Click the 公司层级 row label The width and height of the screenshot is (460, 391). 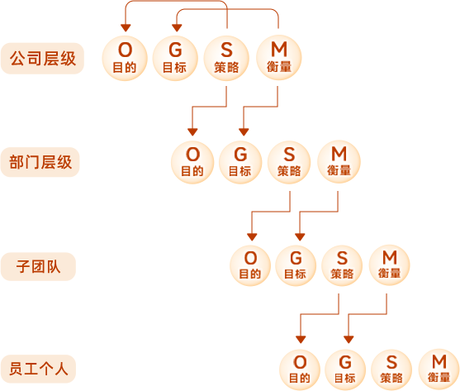[x=43, y=59]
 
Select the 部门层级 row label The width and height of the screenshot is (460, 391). [x=40, y=162]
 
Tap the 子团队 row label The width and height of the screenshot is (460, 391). [x=39, y=266]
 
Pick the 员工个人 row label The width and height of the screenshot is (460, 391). [x=39, y=369]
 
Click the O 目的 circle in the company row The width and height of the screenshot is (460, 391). [x=125, y=58]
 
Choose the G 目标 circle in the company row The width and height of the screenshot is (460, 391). [x=175, y=58]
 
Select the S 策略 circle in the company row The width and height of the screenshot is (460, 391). [x=226, y=58]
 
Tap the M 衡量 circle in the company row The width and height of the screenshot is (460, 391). [x=279, y=58]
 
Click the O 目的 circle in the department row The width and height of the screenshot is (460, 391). [x=192, y=162]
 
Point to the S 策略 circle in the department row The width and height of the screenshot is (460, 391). [x=289, y=162]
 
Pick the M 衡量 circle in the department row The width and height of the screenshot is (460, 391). [x=339, y=162]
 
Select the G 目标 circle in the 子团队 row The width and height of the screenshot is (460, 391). [x=296, y=265]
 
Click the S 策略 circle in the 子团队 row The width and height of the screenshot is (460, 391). [x=342, y=265]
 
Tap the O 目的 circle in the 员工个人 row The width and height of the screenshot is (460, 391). [x=300, y=370]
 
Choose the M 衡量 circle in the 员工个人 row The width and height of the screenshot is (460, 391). [x=439, y=369]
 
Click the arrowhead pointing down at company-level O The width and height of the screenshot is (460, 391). [x=126, y=28]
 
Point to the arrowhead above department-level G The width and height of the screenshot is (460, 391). [x=244, y=132]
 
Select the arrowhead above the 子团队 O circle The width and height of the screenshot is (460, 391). [x=252, y=237]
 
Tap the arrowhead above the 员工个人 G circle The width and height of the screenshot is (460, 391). [x=349, y=340]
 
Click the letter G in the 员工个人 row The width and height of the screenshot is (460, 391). [x=345, y=362]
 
